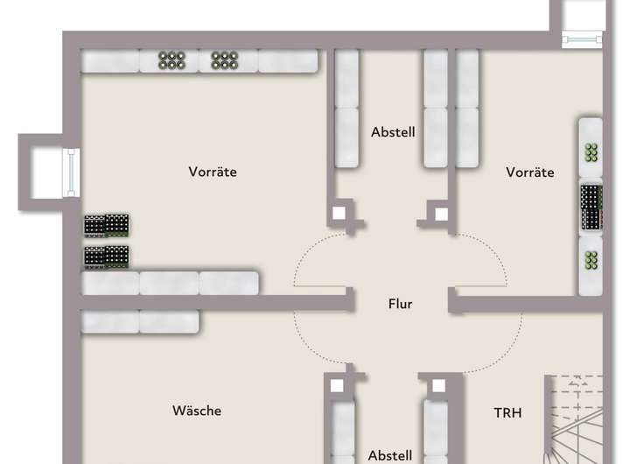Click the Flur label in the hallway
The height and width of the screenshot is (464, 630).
point(400,305)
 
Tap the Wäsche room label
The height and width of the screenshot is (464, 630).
point(197,410)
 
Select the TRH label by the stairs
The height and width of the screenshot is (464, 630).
point(507,411)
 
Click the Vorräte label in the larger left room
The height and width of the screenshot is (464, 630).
point(213,172)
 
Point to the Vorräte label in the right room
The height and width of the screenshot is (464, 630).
point(530,172)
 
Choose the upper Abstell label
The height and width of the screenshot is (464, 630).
point(393,132)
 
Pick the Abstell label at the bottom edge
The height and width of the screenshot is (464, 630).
point(390,455)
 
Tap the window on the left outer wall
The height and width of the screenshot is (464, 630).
point(69,172)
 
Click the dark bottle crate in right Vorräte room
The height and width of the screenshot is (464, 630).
point(592,208)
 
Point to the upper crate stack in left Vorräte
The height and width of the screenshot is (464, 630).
point(107,225)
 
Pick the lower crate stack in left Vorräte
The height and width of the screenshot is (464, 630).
point(107,257)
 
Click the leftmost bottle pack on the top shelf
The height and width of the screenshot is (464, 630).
point(171,60)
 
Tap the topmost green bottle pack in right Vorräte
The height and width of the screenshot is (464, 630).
point(592,151)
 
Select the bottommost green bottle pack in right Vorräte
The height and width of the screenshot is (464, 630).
point(592,260)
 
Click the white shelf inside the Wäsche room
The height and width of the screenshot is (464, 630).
point(139,321)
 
